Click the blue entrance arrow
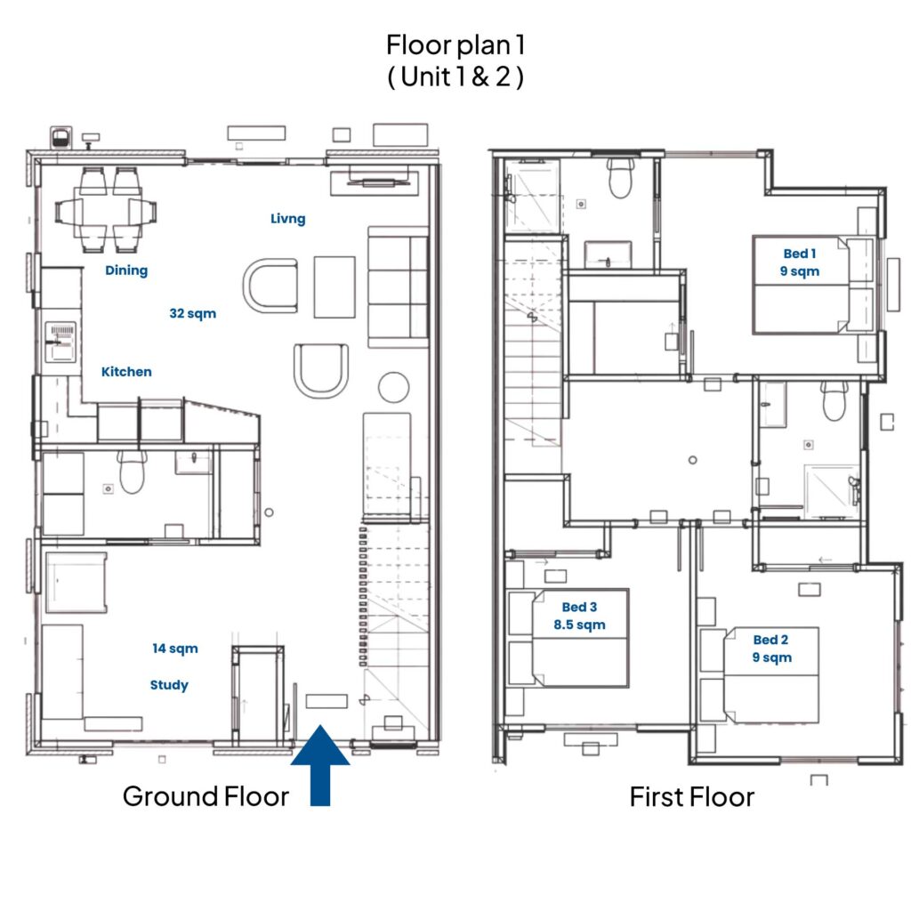tap(320, 766)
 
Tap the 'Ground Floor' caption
tap(206, 796)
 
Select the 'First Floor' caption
tap(692, 797)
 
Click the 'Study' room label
tap(169, 685)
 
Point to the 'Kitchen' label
tap(126, 372)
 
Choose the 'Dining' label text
tap(126, 270)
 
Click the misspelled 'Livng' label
tap(287, 219)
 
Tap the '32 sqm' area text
tap(192, 314)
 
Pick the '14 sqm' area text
tap(175, 649)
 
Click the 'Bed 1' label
tap(800, 254)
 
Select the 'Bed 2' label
tap(770, 640)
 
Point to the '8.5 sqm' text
tap(579, 625)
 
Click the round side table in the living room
tap(393, 387)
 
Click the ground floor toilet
tap(133, 471)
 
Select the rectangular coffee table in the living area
tap(335, 287)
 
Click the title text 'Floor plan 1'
tap(455, 45)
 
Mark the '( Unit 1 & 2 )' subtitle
tap(455, 77)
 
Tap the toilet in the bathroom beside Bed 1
tap(620, 177)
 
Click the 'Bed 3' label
tap(579, 607)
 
